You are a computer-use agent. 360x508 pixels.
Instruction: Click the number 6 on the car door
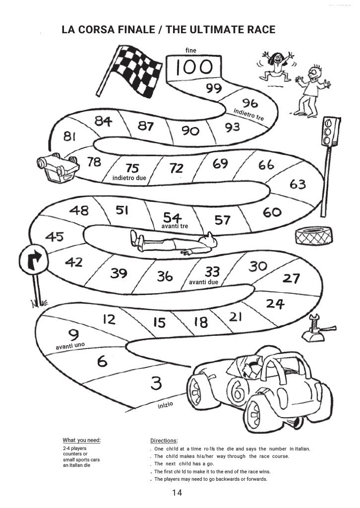coord(238,392)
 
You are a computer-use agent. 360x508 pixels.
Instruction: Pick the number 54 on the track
coord(173,217)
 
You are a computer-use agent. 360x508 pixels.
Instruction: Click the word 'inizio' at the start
coord(165,405)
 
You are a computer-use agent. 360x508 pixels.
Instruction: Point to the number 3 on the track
coord(156,383)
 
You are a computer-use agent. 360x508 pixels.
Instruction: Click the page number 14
coord(178,493)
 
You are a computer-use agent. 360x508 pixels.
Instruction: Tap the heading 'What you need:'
coord(81,440)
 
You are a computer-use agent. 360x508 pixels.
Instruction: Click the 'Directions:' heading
coord(164,441)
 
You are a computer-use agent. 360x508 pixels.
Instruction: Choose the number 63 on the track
coord(298,184)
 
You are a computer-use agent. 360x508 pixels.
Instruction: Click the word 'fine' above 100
coord(190,51)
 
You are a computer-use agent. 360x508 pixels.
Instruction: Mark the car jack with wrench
coord(314,330)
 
